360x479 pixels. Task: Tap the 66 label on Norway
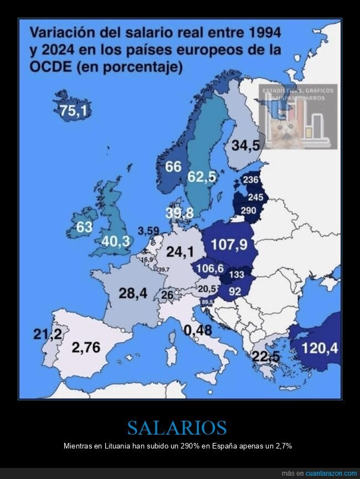pyautogui.click(x=173, y=166)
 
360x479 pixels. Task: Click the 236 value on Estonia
pyautogui.click(x=251, y=180)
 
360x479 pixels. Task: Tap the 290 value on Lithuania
pyautogui.click(x=248, y=211)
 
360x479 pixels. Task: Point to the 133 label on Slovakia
pyautogui.click(x=236, y=275)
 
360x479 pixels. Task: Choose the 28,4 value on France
pyautogui.click(x=133, y=293)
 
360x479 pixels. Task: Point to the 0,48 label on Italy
pyautogui.click(x=198, y=330)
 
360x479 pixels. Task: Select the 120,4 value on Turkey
pyautogui.click(x=320, y=348)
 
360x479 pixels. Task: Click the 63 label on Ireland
pyautogui.click(x=84, y=227)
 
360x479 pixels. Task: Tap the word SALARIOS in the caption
pyautogui.click(x=177, y=427)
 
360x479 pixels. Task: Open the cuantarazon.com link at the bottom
pyautogui.click(x=327, y=473)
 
